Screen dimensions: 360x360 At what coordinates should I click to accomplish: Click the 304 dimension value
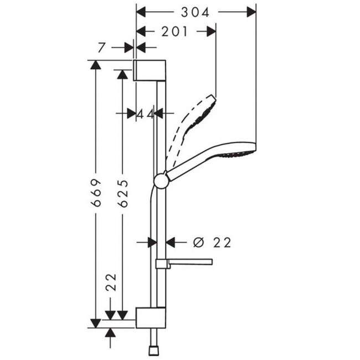click(195, 12)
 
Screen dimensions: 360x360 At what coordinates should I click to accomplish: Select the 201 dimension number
click(174, 32)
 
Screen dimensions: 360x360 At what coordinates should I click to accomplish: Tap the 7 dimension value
click(101, 48)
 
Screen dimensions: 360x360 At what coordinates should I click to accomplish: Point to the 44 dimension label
click(146, 114)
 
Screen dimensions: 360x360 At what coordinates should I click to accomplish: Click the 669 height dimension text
click(96, 192)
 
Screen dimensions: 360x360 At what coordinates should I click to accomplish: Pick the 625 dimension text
click(122, 193)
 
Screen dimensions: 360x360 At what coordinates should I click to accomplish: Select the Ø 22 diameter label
click(212, 243)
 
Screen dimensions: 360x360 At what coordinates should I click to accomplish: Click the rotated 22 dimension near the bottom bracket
click(111, 282)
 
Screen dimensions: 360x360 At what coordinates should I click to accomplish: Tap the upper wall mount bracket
click(150, 70)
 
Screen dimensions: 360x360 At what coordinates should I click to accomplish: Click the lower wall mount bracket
click(151, 318)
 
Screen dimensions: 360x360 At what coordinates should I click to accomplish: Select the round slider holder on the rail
click(162, 181)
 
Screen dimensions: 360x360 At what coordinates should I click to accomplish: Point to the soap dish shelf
click(184, 263)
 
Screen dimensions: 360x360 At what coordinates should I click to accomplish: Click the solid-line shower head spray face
click(236, 154)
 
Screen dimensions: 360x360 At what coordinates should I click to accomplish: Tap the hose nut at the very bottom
click(153, 351)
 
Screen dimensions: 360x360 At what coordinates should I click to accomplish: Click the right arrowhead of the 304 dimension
click(251, 12)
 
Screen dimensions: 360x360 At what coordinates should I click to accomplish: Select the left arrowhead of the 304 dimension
click(141, 12)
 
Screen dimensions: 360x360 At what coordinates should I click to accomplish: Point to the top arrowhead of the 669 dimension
click(95, 65)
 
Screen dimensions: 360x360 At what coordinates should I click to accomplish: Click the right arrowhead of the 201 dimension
click(211, 32)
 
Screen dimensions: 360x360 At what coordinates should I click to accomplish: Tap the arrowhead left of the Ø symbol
click(170, 243)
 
